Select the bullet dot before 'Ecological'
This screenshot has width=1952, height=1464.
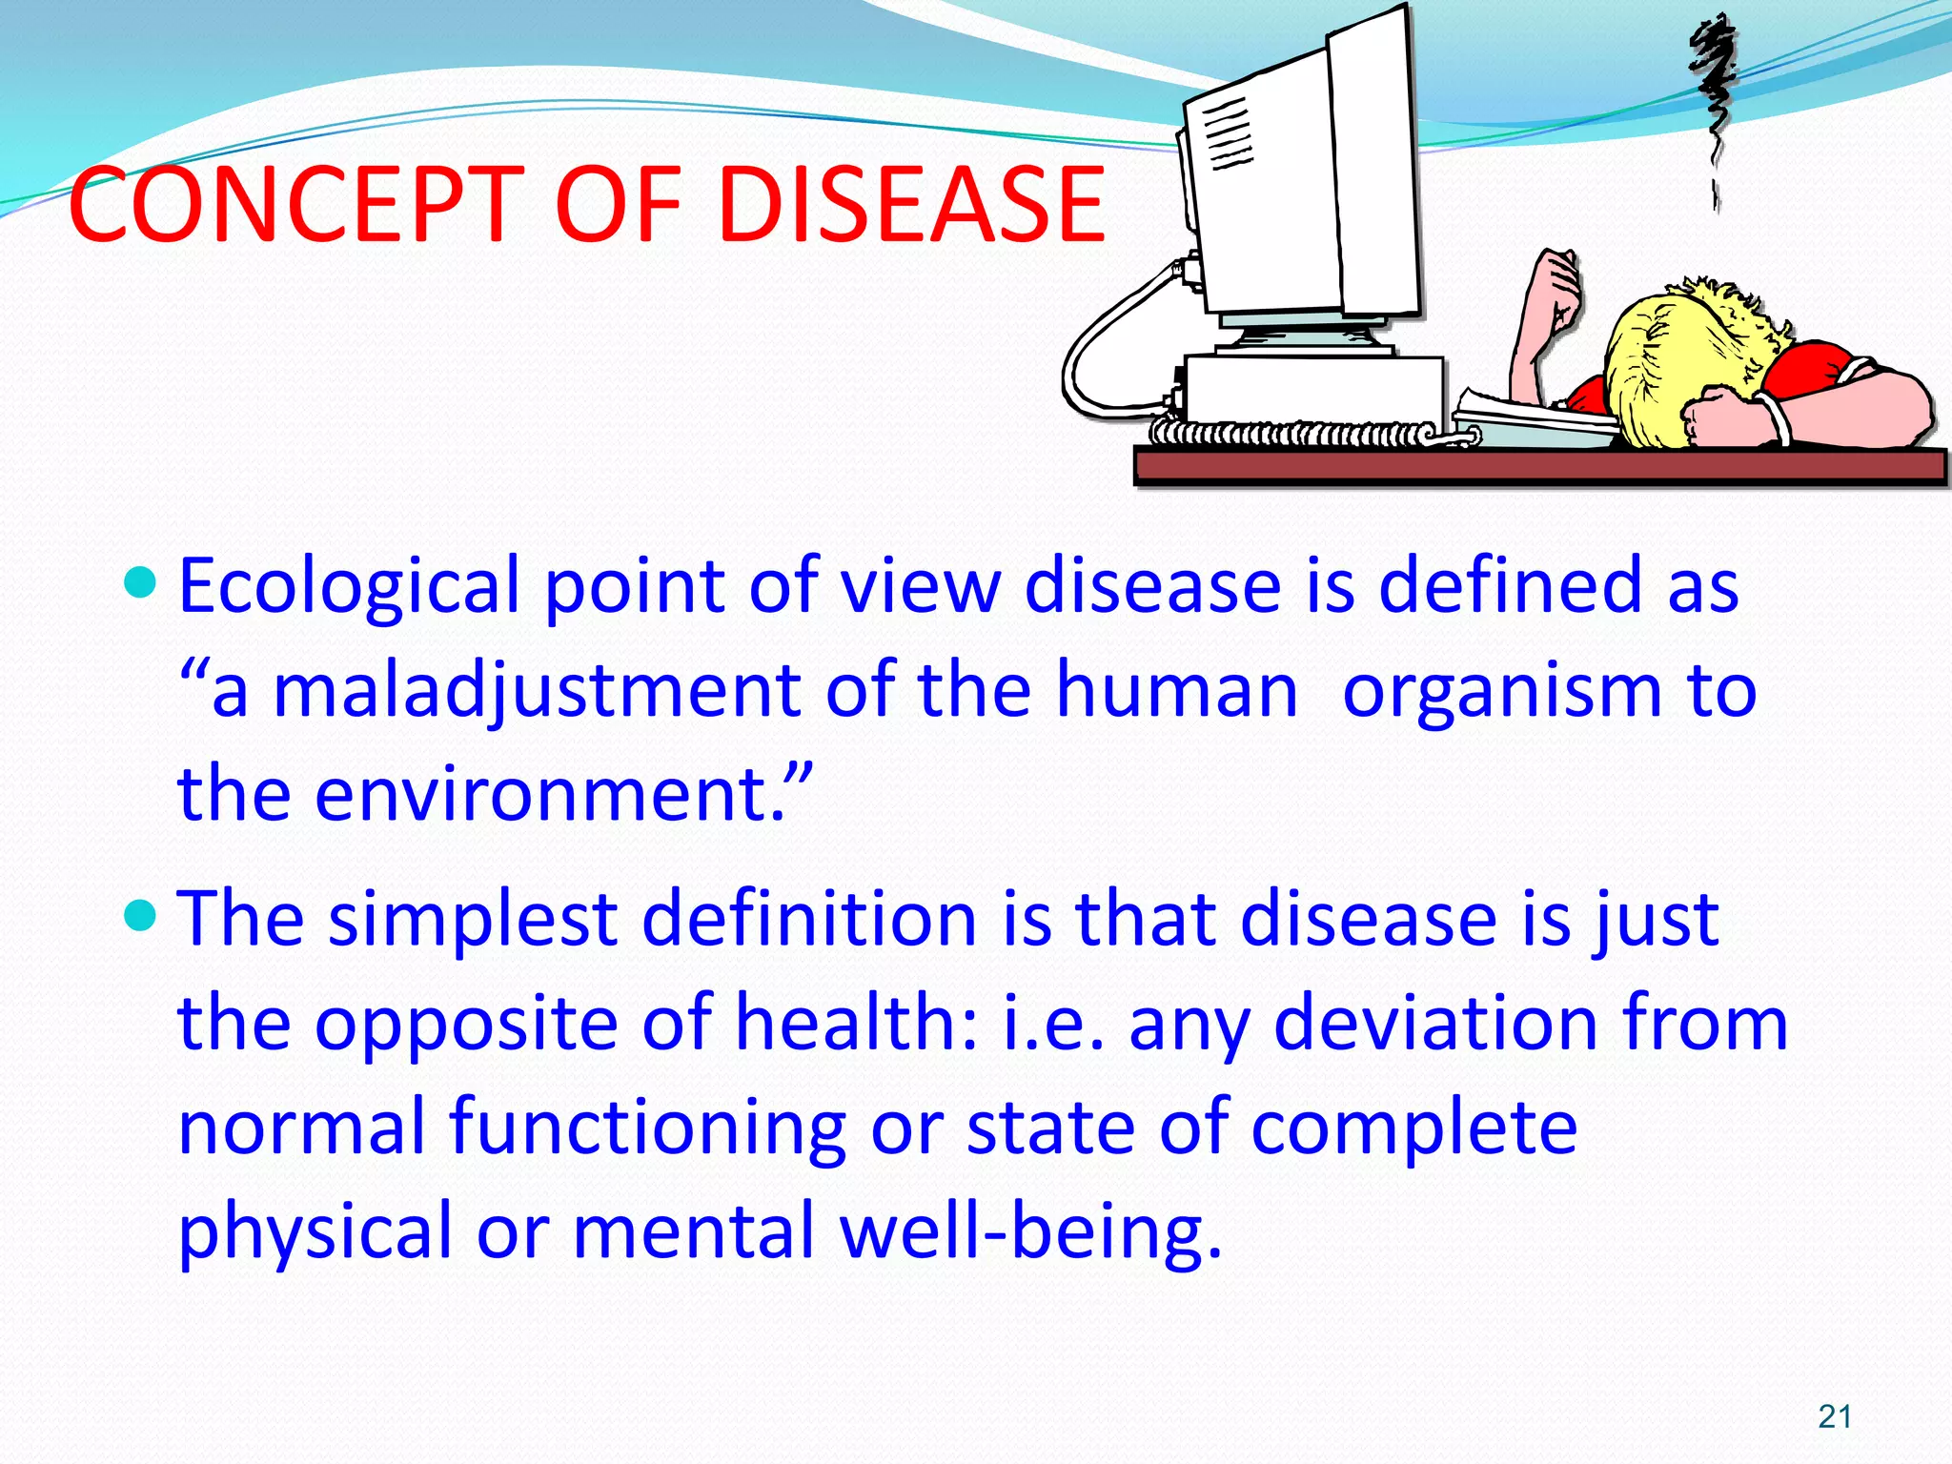(140, 580)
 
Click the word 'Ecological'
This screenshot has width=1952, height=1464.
(348, 586)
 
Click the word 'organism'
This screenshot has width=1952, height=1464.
(1501, 691)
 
